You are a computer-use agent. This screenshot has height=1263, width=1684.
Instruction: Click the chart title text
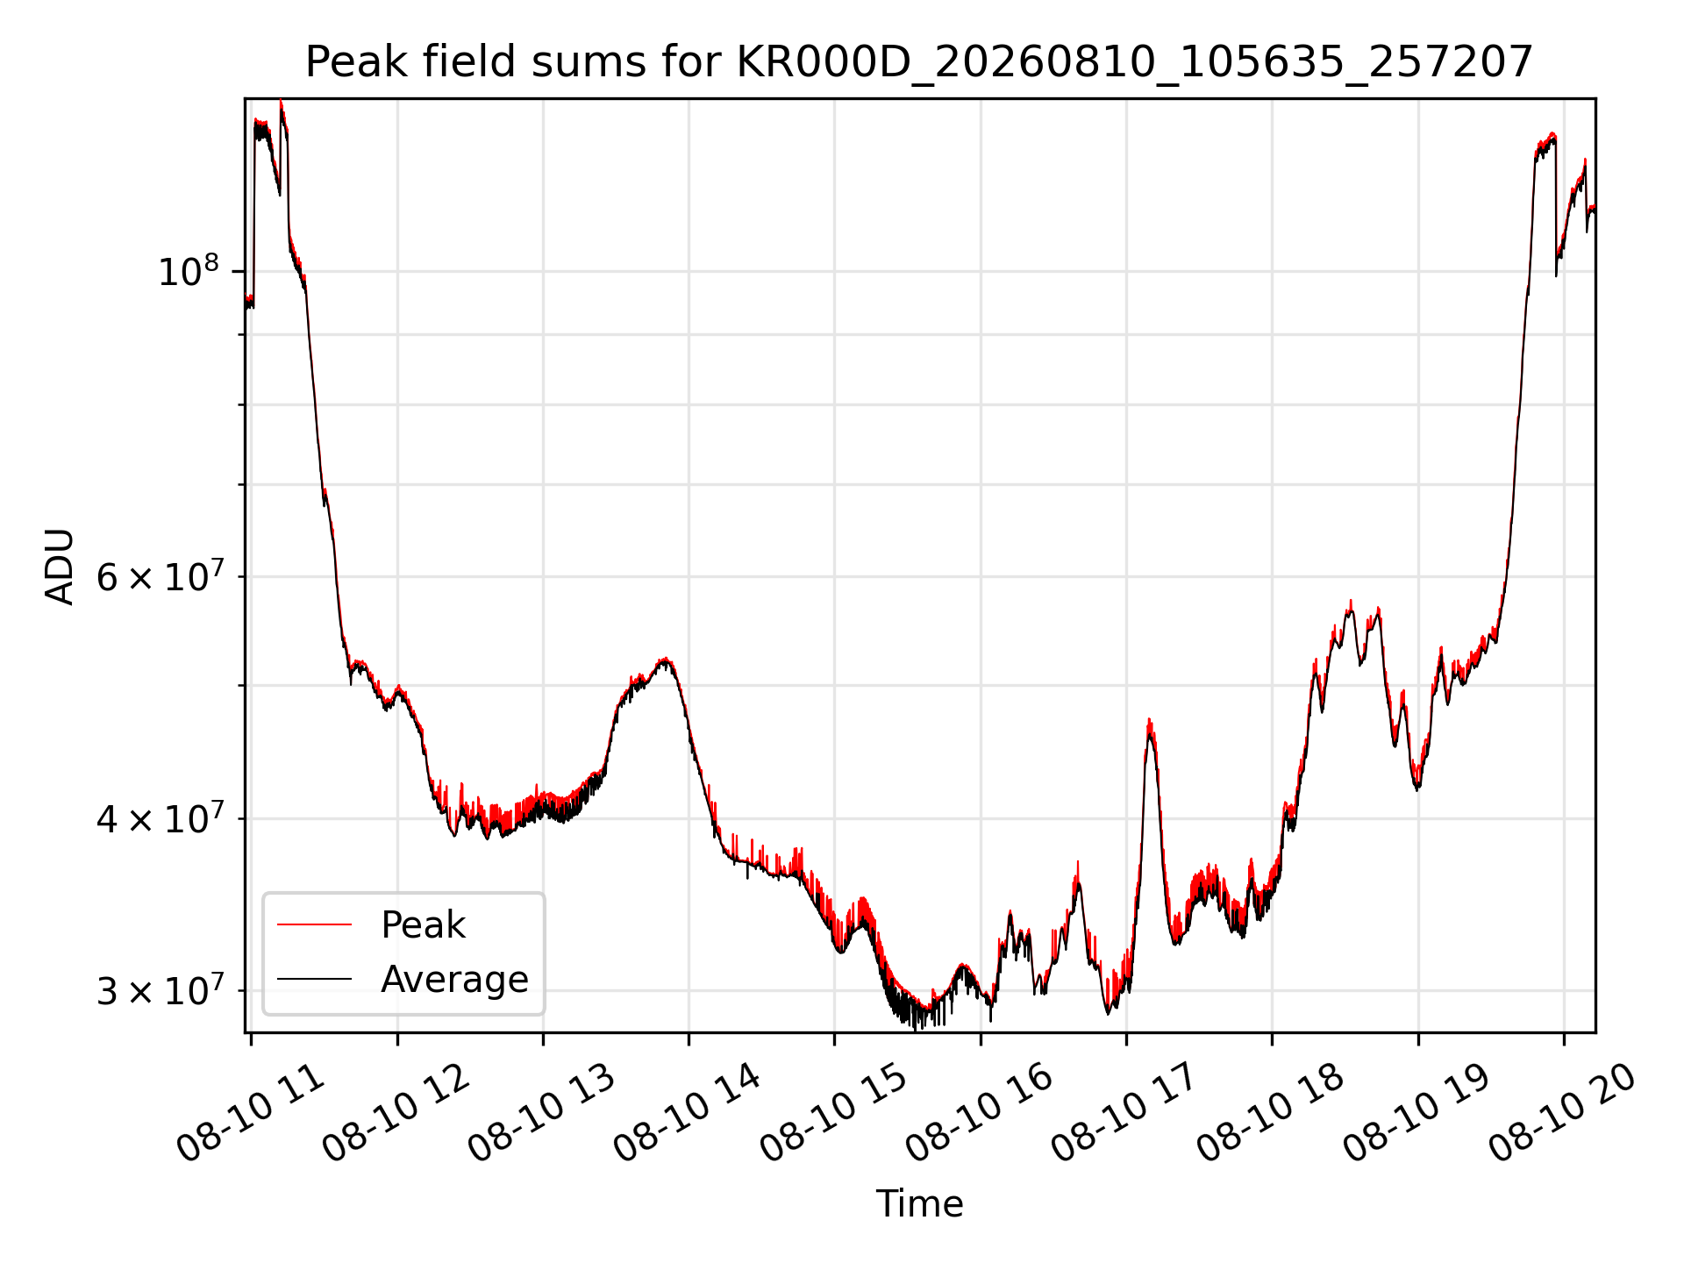pyautogui.click(x=918, y=63)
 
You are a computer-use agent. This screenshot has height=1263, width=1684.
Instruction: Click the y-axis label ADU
pyautogui.click(x=60, y=567)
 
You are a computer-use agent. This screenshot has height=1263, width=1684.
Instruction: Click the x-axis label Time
pyautogui.click(x=919, y=1204)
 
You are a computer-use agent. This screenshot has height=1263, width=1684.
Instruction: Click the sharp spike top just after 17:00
pyautogui.click(x=1149, y=720)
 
